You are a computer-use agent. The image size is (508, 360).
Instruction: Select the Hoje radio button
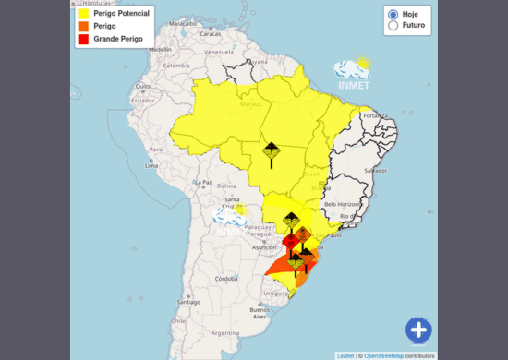tap(393, 15)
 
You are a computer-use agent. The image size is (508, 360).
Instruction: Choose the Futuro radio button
tap(393, 27)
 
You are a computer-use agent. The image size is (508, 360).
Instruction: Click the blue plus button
tap(418, 330)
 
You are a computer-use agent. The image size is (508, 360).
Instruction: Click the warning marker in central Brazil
tap(271, 152)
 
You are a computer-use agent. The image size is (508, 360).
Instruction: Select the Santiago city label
tap(188, 302)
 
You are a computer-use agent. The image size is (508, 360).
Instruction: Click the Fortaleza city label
tap(379, 115)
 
